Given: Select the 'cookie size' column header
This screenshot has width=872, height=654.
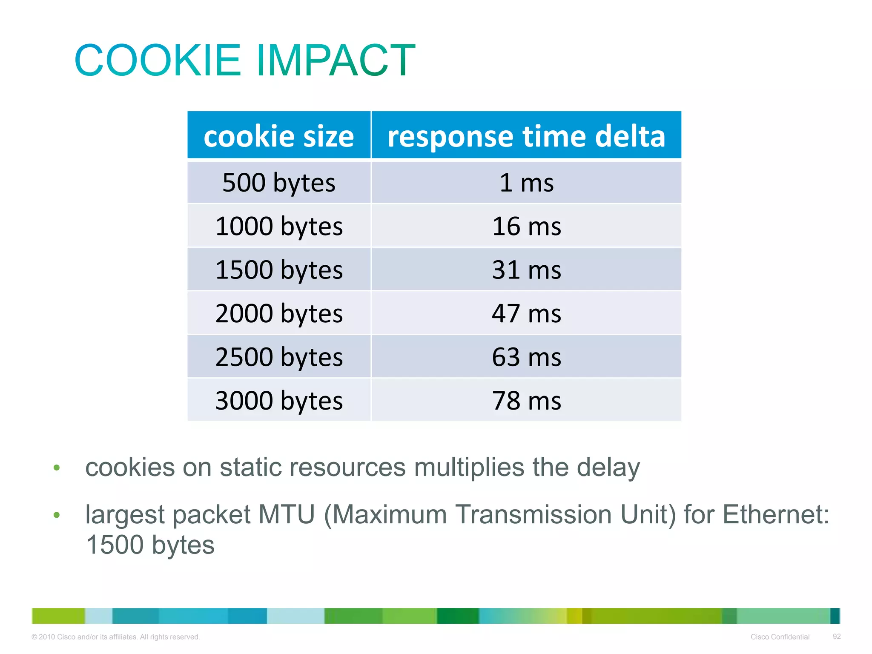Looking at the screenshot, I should coord(279,136).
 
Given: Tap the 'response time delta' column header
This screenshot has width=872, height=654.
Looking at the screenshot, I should coord(526,136).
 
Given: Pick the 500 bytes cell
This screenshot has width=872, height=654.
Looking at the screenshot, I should coord(279,183).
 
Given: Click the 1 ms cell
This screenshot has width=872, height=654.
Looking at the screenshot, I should coord(526,183).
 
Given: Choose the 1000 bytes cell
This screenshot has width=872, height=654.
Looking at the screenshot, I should coord(279,226).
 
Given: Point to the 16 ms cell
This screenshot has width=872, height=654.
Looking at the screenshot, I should coord(526,226).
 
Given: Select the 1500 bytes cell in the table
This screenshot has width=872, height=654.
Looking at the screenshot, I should coord(279,270).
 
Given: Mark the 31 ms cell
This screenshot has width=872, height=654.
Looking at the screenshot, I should coord(526,270).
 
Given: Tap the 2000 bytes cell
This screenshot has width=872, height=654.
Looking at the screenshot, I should coord(279,313).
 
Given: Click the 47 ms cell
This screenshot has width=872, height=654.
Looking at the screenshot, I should coord(526,313).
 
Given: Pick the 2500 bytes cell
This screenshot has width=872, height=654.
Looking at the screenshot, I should coord(279,357).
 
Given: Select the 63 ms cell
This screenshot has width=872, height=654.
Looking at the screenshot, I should coord(526,357).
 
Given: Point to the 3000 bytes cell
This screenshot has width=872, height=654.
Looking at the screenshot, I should coord(279,401).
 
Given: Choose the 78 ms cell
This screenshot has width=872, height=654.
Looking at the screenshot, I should coord(526,401).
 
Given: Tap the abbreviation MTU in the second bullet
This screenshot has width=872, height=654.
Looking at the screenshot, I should coord(286,514).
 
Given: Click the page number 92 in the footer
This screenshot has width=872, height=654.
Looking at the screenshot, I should coord(837,637).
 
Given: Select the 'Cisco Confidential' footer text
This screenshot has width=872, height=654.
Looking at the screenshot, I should coord(780,637).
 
